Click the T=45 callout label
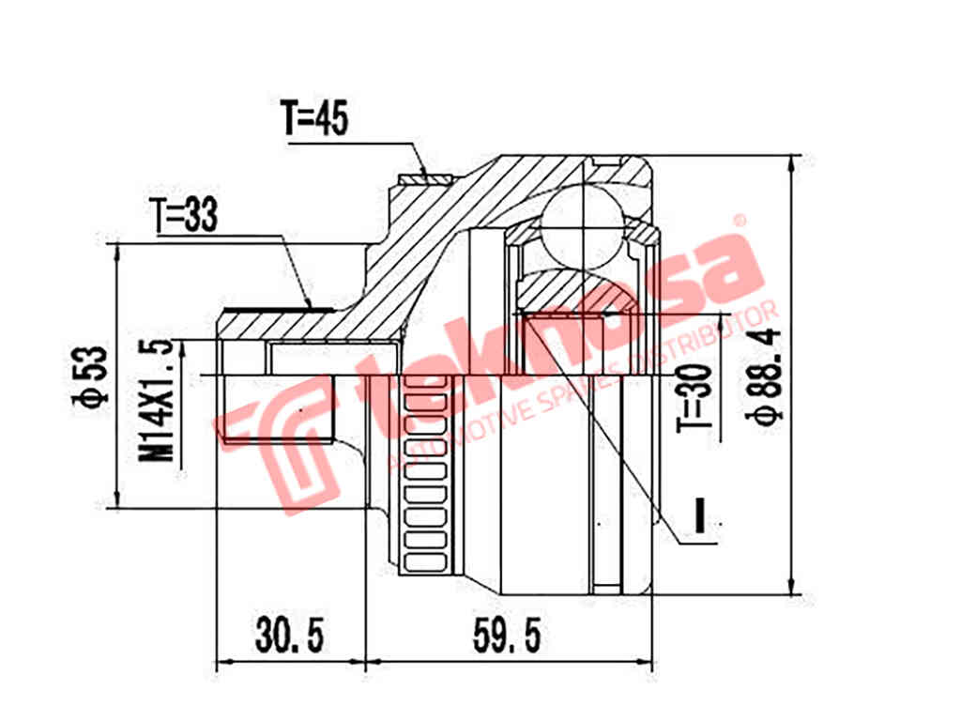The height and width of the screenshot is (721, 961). pyautogui.click(x=314, y=119)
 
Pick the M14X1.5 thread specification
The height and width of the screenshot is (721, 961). pyautogui.click(x=160, y=399)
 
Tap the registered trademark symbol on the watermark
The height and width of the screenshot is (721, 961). pyautogui.click(x=739, y=221)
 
